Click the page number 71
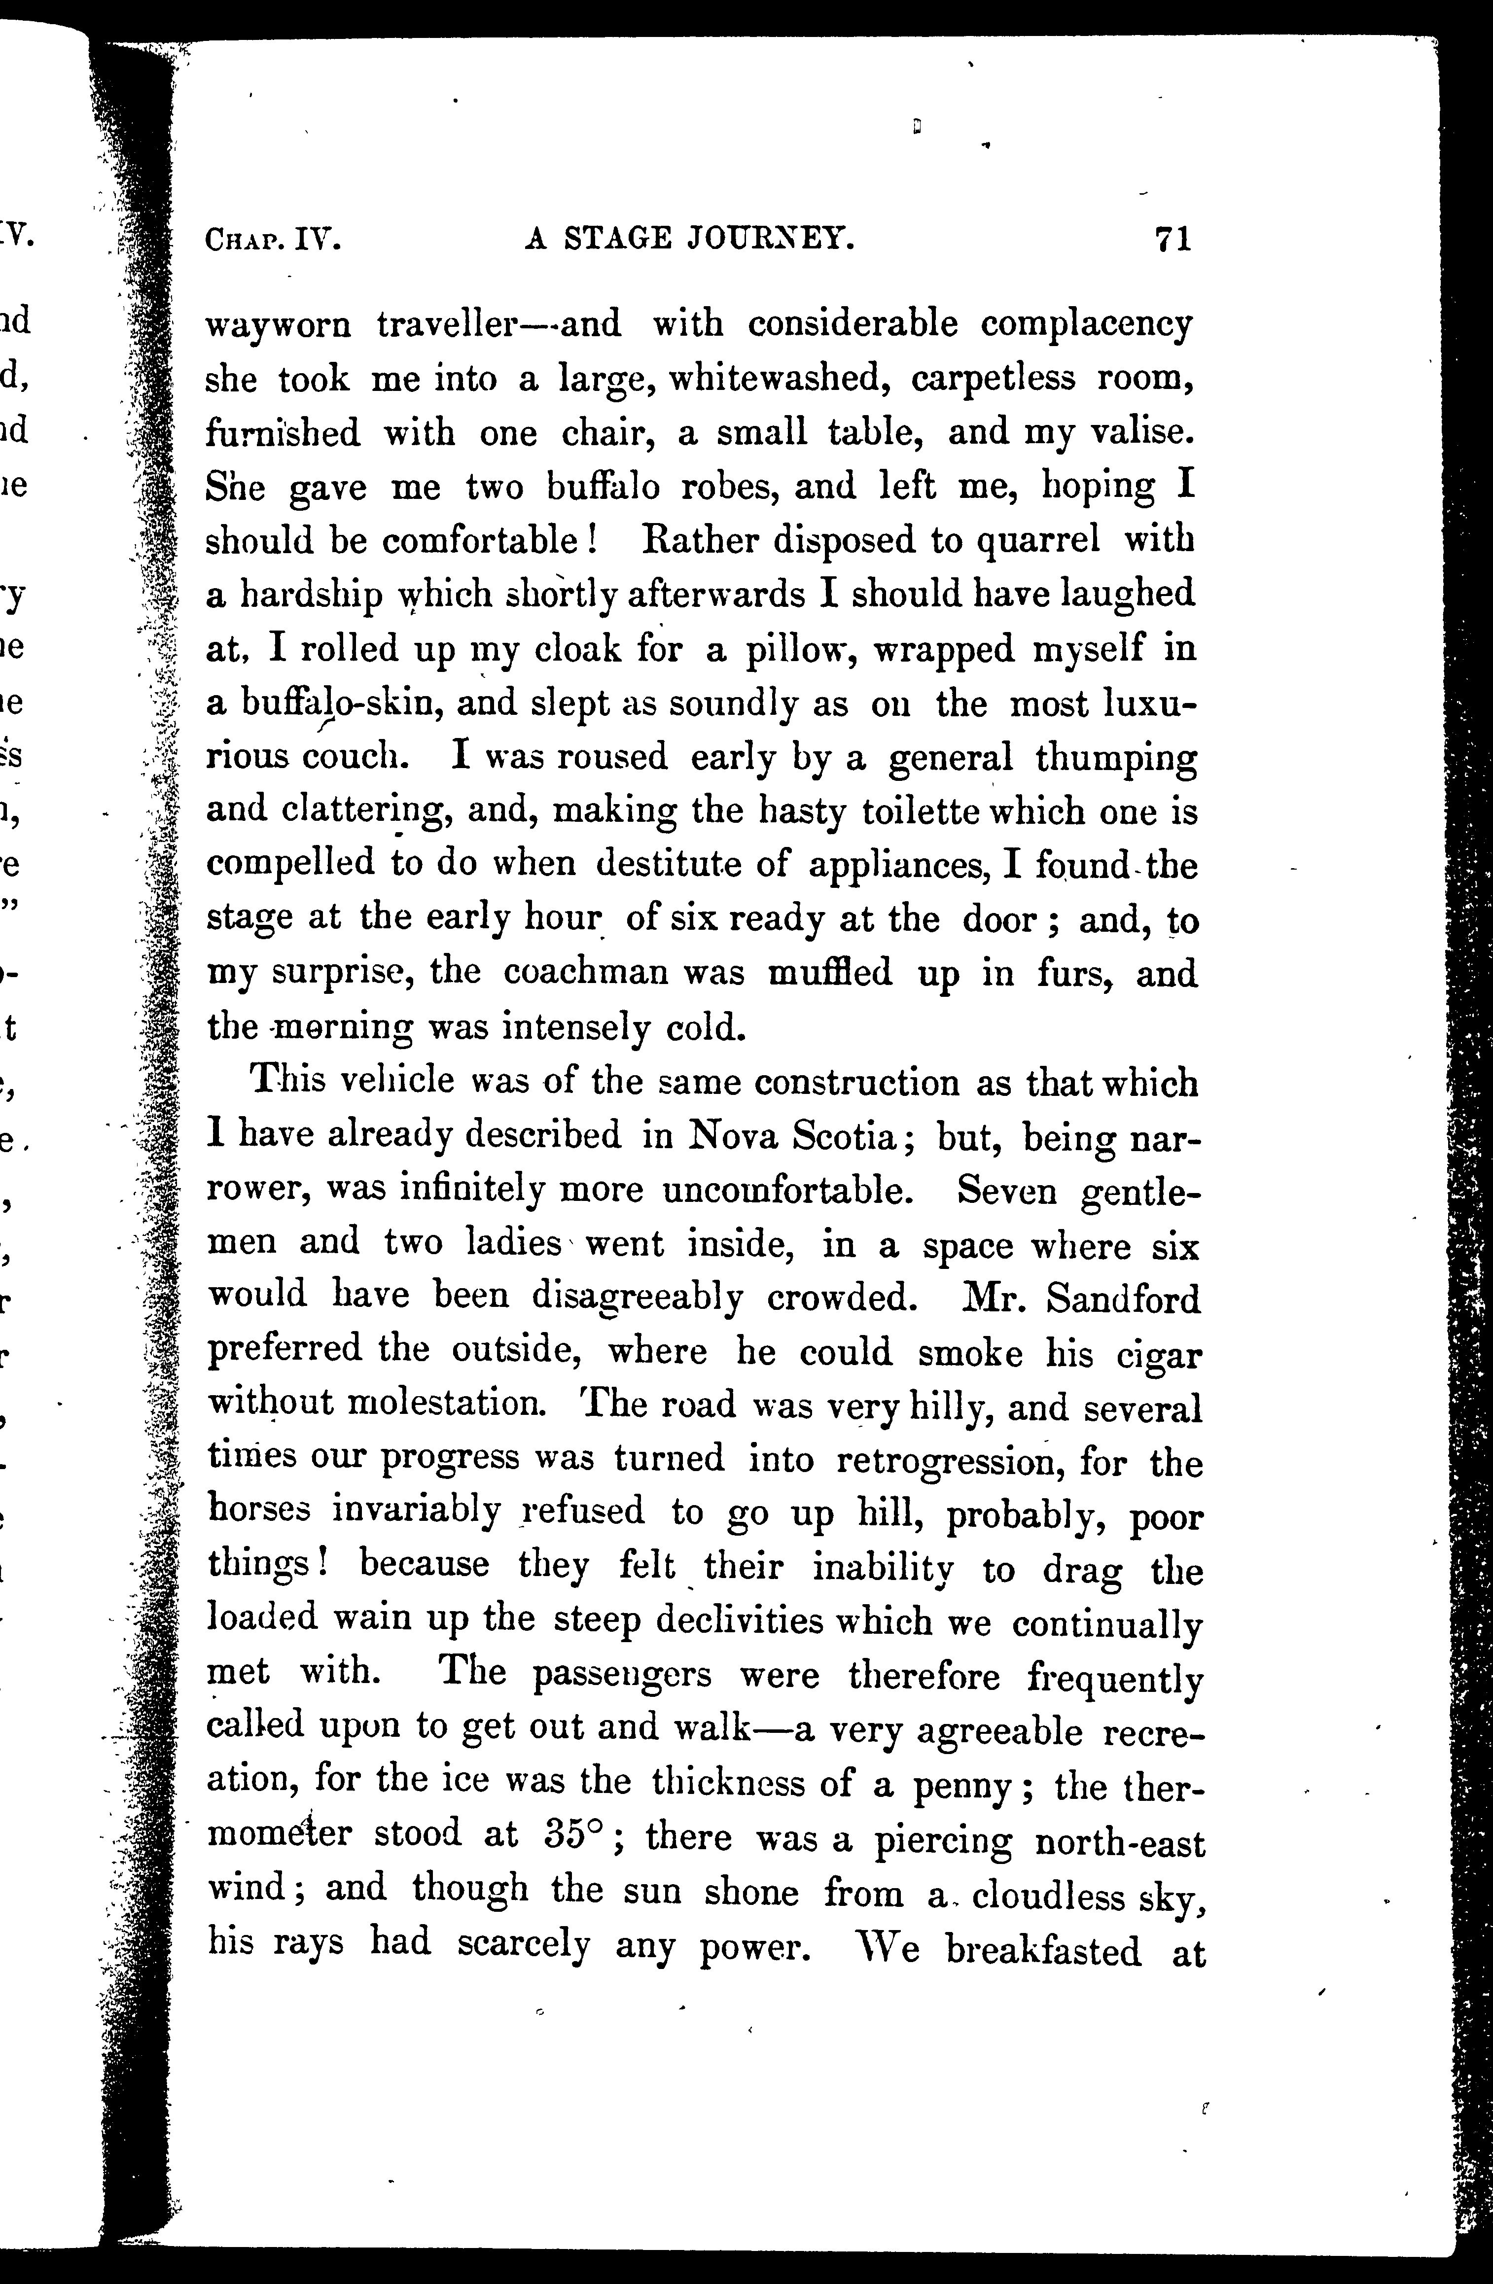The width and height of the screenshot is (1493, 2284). (x=1173, y=238)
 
